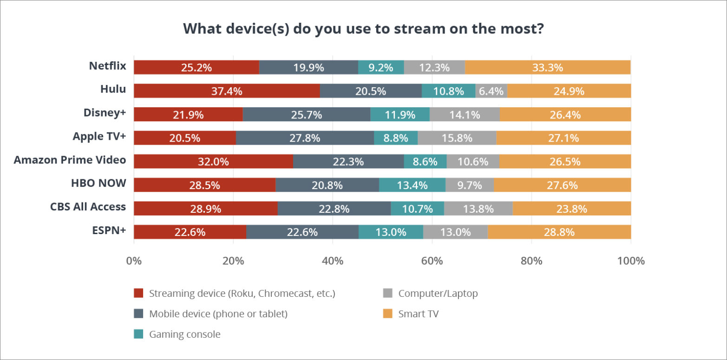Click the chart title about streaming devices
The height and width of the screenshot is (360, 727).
coord(363,28)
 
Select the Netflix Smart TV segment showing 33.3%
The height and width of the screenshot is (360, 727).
coord(548,67)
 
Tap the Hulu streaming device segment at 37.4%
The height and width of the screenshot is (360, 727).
coord(227,91)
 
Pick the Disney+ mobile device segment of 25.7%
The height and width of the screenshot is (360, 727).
coord(306,114)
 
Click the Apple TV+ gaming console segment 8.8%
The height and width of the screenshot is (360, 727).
coord(396,138)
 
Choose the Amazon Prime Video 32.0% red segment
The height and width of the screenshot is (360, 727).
coord(213,161)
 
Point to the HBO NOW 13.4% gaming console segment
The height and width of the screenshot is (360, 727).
coord(412,185)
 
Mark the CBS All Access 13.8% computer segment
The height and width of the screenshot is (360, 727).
coord(478,209)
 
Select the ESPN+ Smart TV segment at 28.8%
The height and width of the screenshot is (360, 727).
coord(559,232)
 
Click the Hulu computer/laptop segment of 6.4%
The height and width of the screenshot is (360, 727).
coord(491,91)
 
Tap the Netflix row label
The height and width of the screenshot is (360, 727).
coord(107,66)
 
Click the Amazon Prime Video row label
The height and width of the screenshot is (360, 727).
coord(70,160)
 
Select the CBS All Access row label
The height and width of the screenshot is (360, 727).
coord(88,207)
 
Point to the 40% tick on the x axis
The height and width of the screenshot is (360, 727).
coord(333,261)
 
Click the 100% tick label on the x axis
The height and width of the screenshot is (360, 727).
coord(630,261)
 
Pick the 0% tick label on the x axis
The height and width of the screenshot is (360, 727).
coord(134,261)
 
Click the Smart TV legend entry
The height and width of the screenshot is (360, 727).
coord(418,314)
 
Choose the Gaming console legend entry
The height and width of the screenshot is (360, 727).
coord(184,334)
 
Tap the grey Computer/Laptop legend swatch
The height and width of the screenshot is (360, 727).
coord(387,294)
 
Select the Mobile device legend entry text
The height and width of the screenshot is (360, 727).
coord(218,314)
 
